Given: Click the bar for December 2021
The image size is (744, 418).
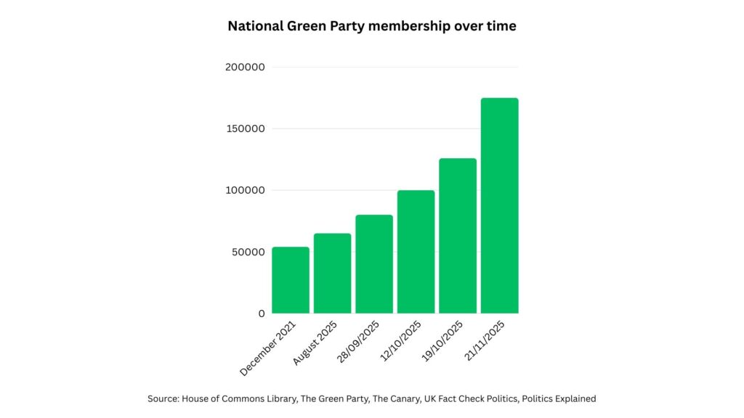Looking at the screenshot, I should coord(290,280).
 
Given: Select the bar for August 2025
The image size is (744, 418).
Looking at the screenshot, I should coord(332,274).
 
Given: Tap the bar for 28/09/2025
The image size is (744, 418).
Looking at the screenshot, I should coord(374,264).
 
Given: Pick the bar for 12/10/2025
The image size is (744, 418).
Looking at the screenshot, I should coord(416,252).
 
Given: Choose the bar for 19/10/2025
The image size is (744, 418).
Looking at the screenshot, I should coord(458,236).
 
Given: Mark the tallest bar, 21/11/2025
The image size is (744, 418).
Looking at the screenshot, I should coord(500,205).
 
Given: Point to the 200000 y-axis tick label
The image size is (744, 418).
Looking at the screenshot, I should coord(246,67).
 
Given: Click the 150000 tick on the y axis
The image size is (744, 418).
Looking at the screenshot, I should coord(246,129).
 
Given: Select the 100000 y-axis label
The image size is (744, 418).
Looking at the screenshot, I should coord(246,191).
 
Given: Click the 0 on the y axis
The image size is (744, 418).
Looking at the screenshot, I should coord(262,314).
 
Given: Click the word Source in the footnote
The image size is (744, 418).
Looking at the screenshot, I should coord(165,398).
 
